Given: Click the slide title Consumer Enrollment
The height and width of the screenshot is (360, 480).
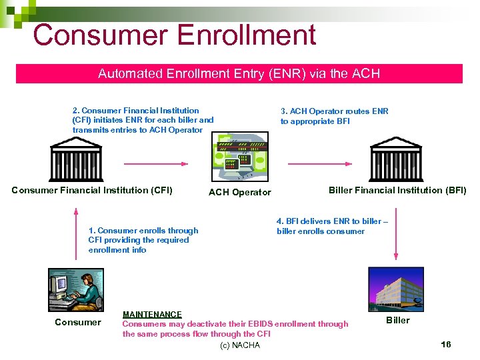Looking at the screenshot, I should point(174,35).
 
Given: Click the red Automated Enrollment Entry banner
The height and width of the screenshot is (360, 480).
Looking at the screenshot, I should point(239,74).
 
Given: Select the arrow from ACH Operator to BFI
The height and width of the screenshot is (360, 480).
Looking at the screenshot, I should point(315,163).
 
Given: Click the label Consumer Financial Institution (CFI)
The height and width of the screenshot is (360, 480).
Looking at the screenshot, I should point(92,191).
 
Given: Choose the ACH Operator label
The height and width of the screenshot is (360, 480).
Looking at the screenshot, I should point(240,193).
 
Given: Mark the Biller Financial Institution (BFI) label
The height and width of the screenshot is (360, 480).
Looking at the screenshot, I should point(397,191).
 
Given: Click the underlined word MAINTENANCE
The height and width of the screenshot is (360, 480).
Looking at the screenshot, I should point(152,314).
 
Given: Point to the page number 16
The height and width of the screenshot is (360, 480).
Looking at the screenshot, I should point(446,344).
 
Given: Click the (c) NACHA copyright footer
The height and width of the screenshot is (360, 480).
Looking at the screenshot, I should point(239,345).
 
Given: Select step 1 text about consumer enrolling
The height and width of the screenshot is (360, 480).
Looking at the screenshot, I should point(143,240).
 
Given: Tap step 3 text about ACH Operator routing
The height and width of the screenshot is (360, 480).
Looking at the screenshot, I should point(334,116).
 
